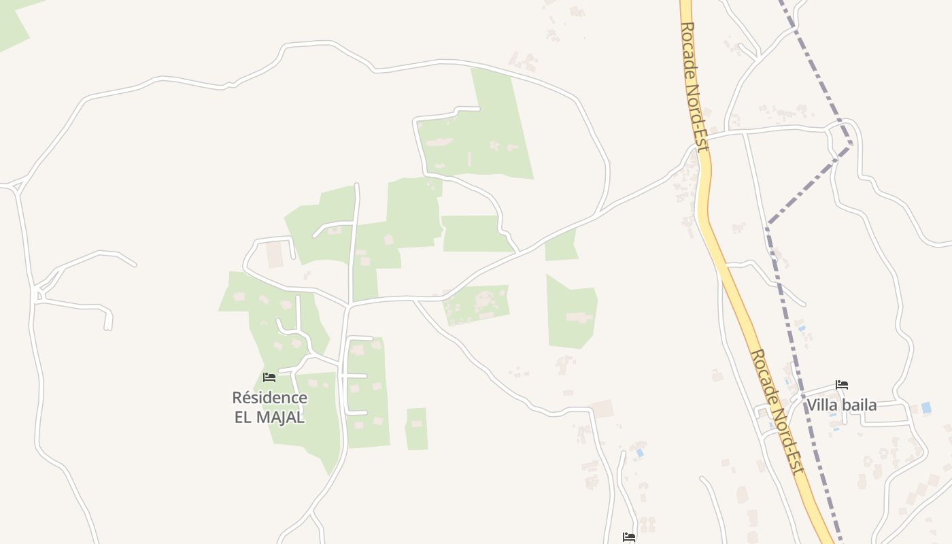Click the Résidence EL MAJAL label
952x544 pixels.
[269, 407]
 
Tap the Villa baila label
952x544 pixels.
[841, 405]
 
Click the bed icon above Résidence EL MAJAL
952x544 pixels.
[269, 377]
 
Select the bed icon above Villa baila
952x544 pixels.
[842, 385]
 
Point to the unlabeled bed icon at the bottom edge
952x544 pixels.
[629, 537]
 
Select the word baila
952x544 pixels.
[858, 405]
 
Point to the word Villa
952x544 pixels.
[821, 405]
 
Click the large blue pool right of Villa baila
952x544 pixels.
[926, 407]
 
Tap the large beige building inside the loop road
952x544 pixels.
[275, 254]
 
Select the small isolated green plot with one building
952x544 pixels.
[416, 428]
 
